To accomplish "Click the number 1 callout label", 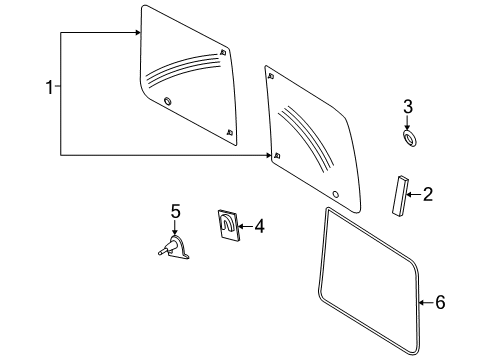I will click(48, 89).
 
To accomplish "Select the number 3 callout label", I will click(407, 107).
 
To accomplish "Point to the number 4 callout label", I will click(259, 227).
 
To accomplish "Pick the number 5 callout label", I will click(175, 211).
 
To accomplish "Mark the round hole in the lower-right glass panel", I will click(336, 193).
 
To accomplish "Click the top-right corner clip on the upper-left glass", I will click(221, 51).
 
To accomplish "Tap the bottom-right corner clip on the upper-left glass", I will click(230, 131).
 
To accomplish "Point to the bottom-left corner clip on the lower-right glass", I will click(277, 154).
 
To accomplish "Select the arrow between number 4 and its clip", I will click(244, 227).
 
